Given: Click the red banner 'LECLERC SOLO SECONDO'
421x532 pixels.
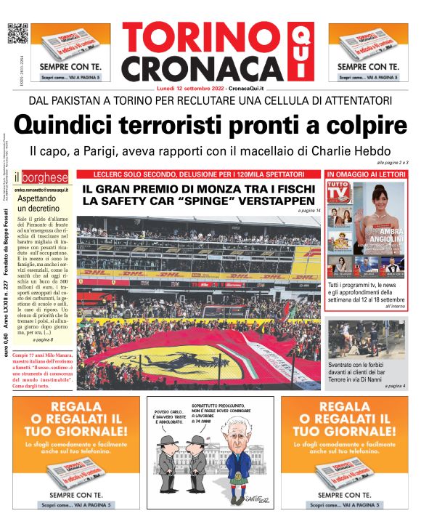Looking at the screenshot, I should pyautogui.click(x=199, y=175).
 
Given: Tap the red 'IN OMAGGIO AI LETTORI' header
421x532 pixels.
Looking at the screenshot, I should pyautogui.click(x=367, y=175).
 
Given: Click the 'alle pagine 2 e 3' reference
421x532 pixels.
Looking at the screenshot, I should pyautogui.click(x=393, y=162).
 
